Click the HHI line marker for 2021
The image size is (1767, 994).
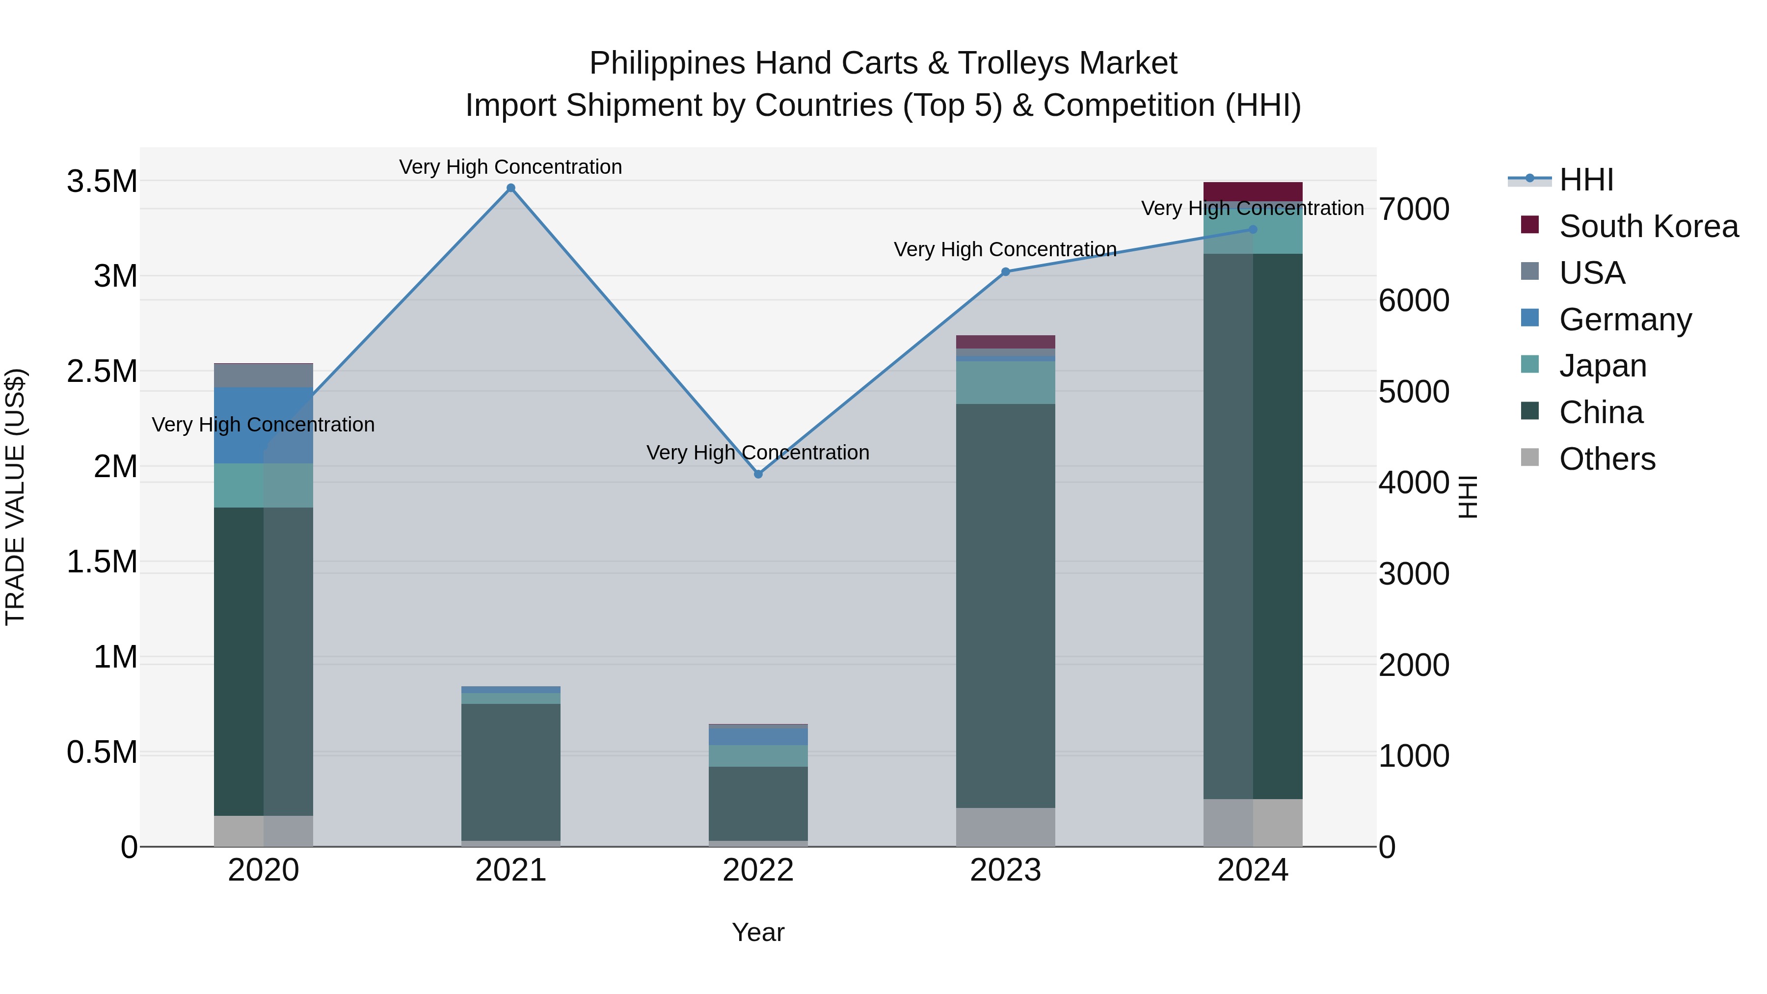(x=510, y=188)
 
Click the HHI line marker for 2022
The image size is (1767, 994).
(x=758, y=474)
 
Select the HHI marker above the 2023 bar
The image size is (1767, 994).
(x=1006, y=271)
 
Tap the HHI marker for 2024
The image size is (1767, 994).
(x=1253, y=230)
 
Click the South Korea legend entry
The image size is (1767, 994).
(x=1648, y=226)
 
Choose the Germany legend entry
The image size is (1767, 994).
(x=1624, y=320)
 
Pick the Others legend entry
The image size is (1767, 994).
(x=1606, y=459)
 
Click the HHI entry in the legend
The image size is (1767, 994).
(x=1586, y=180)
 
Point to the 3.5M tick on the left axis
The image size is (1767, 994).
(x=102, y=182)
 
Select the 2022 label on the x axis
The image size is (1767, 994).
(x=758, y=870)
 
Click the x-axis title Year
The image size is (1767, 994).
(x=758, y=932)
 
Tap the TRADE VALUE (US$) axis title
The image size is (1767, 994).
(x=15, y=497)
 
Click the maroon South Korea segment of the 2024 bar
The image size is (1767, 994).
(x=1253, y=191)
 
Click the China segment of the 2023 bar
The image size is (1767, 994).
(x=1006, y=604)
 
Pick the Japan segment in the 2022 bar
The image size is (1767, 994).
(x=758, y=755)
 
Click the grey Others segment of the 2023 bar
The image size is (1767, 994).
(x=1006, y=827)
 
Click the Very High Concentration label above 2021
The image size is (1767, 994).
(x=510, y=167)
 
